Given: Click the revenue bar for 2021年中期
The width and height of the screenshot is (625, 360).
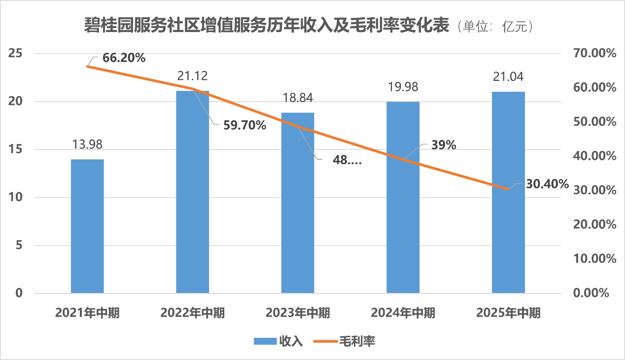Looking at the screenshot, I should (x=87, y=226).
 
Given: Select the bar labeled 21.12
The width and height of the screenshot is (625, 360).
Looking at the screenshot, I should (x=193, y=192).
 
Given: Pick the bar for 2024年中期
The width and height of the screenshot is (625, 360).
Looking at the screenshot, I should (x=403, y=197).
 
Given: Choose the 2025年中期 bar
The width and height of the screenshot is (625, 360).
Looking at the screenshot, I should (x=508, y=192).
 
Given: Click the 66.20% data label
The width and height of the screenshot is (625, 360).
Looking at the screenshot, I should (x=124, y=58).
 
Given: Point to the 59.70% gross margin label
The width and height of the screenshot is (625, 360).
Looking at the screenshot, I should (x=244, y=125).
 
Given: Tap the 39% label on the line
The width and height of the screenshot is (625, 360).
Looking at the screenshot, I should (x=444, y=145).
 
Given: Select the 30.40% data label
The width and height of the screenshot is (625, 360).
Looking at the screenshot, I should (x=547, y=184).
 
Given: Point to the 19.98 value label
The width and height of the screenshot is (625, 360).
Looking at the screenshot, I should (x=403, y=87).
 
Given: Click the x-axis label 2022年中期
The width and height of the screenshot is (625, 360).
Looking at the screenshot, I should (x=193, y=313).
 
